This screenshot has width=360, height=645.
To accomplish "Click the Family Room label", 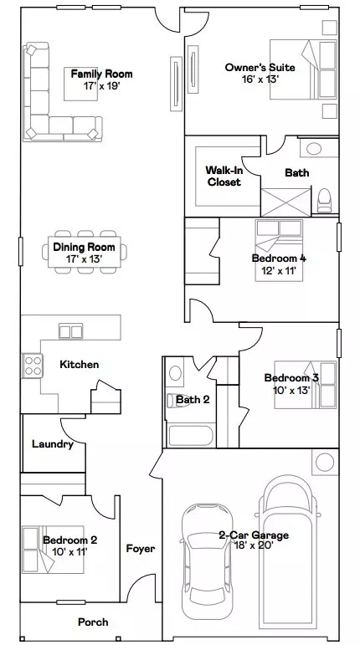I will click(x=101, y=74).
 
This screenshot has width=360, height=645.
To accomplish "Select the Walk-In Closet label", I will click(x=224, y=176).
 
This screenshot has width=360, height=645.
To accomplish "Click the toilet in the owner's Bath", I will click(x=324, y=200).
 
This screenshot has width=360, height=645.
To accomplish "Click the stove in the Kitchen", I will click(x=32, y=366).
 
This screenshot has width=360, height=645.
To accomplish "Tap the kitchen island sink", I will click(x=70, y=331).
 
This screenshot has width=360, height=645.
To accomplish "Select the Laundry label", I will click(x=52, y=444).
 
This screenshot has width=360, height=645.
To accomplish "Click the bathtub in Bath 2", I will click(x=192, y=434).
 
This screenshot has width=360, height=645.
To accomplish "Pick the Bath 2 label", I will click(x=193, y=399).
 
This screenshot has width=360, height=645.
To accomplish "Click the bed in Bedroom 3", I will click(x=308, y=384).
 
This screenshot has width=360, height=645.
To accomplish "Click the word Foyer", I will click(x=140, y=549).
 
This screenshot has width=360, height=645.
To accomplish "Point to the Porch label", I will click(x=93, y=622).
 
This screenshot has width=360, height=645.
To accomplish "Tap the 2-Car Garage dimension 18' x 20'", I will click(x=253, y=545).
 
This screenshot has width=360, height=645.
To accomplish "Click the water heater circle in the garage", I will click(x=324, y=462).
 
